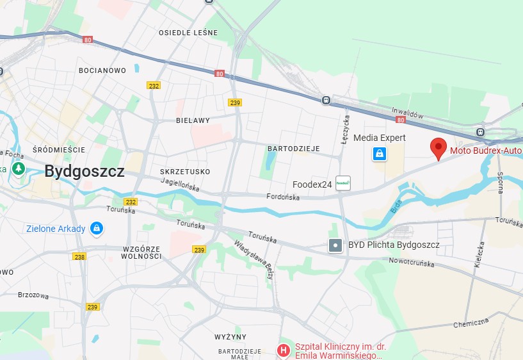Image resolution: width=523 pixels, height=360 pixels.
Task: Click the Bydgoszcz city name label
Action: point(84,170)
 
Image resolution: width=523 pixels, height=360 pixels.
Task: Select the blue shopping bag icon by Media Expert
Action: point(380,154)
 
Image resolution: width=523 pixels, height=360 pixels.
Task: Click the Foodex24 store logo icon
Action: point(343,184)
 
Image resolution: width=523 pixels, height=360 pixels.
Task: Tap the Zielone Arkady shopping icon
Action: point(97,228)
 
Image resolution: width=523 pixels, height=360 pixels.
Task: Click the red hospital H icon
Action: point(282,350)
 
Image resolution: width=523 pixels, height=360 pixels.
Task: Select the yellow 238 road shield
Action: point(79,257)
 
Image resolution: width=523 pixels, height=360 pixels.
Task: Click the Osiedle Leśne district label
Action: point(188,33)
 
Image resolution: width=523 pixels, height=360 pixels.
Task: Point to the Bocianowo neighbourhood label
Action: point(102,70)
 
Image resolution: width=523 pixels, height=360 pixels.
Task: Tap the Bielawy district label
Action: point(193,120)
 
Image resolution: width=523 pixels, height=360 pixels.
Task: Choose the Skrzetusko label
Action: point(186,172)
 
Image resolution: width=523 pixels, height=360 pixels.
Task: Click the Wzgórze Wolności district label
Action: point(141,252)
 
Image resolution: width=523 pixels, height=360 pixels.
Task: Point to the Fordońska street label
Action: point(283,197)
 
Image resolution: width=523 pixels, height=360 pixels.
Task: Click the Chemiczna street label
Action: point(471,324)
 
